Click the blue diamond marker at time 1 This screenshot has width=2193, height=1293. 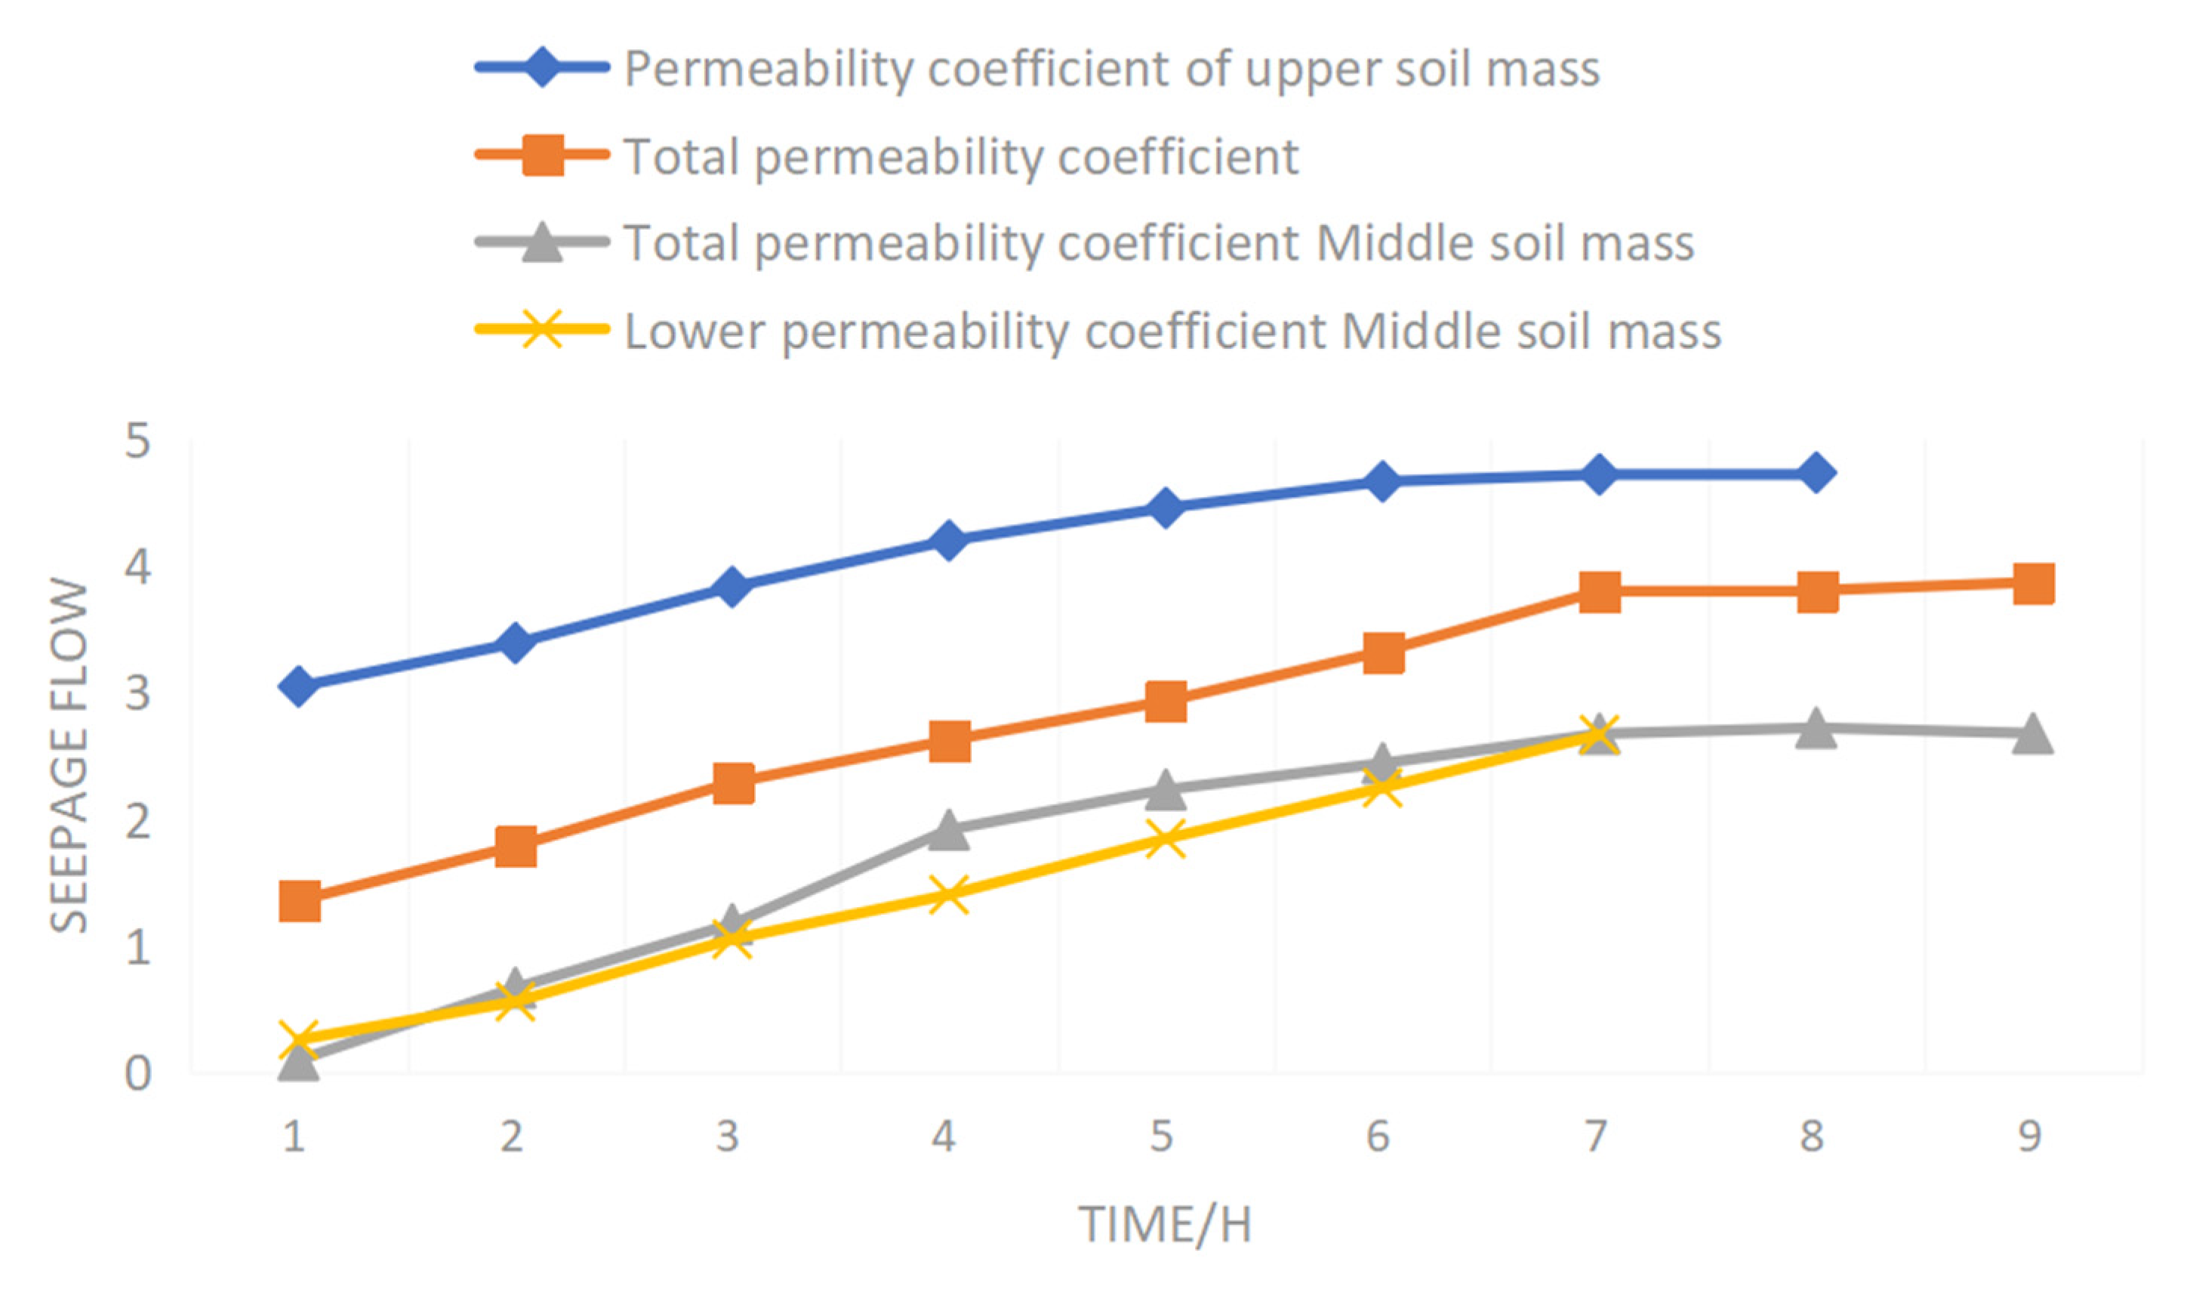[298, 686]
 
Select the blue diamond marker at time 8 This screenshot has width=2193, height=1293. [1815, 473]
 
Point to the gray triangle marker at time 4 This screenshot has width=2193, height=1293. [948, 829]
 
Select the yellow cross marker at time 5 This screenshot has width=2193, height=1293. [1166, 838]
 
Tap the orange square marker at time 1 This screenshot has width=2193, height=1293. [299, 900]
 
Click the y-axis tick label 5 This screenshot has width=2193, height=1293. [137, 442]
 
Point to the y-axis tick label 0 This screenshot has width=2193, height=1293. [137, 1073]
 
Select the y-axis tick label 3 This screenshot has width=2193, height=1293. [137, 694]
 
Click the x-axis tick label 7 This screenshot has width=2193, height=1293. [1594, 1136]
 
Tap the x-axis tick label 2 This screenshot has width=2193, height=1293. [511, 1136]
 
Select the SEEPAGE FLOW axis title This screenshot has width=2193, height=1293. [69, 755]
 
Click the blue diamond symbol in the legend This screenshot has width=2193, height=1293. [542, 67]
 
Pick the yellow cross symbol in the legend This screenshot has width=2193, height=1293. [542, 329]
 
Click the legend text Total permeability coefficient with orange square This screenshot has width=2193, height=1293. [961, 157]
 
